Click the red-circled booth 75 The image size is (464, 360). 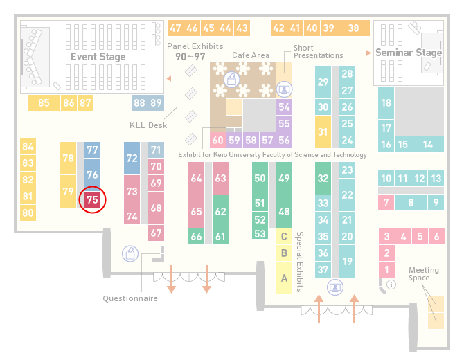click(92, 199)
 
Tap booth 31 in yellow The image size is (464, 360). click(323, 132)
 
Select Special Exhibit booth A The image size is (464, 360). click(284, 278)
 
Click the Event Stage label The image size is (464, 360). click(98, 57)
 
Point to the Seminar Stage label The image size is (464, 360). click(409, 53)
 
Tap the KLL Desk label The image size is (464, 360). click(148, 125)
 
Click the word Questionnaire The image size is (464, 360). click(130, 298)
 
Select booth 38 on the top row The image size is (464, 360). click(354, 28)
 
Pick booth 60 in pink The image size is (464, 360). click(217, 140)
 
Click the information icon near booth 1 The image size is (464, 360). click(391, 285)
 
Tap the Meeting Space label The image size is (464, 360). click(423, 274)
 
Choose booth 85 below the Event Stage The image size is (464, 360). click(44, 103)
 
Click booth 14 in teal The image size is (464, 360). click(427, 145)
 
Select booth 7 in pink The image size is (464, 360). click(386, 203)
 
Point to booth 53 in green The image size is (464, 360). click(260, 234)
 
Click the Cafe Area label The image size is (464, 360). click(251, 55)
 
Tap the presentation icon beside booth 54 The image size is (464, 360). click(284, 89)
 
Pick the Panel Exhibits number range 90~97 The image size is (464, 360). click(190, 57)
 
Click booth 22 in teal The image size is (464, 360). click(347, 195)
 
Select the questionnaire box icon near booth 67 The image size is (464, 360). click(130, 254)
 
